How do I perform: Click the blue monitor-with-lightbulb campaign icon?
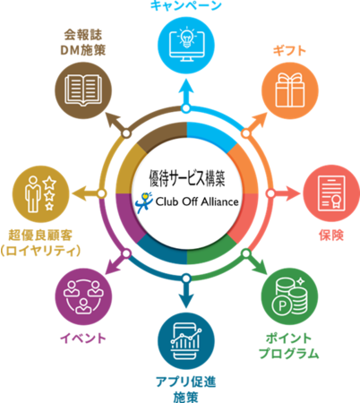tap(186, 47)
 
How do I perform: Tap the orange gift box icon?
tap(290, 90)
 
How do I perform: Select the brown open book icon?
tap(83, 90)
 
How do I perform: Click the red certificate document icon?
tap(331, 193)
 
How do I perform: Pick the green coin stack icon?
tap(289, 296)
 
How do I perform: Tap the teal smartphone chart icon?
tap(186, 341)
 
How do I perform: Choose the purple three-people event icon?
tap(83, 296)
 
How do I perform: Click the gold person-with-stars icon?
tap(41, 194)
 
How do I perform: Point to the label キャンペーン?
tap(185, 5)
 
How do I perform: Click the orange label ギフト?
tap(289, 51)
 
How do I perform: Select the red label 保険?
tap(331, 236)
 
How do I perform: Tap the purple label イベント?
tap(83, 339)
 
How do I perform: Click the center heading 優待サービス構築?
tap(187, 178)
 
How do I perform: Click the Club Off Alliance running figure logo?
tap(144, 202)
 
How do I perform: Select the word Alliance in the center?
tap(219, 201)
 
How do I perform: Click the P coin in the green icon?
tap(282, 305)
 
